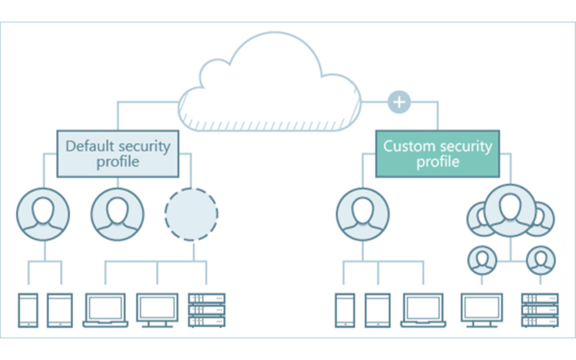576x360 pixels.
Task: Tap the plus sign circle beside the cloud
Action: click(398, 102)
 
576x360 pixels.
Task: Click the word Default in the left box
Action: click(90, 146)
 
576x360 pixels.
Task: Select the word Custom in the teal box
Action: click(409, 146)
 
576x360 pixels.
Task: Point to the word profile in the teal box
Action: click(438, 162)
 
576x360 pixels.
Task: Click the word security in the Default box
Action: click(146, 146)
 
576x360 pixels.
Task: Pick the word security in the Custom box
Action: click(466, 146)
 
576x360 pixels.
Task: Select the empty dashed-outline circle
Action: click(191, 214)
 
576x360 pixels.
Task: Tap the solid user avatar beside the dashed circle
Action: click(118, 214)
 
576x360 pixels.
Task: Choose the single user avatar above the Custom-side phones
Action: click(362, 214)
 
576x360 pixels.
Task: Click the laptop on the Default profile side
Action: click(105, 310)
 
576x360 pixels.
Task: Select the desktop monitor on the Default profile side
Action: click(157, 310)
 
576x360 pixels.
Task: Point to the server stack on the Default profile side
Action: click(206, 310)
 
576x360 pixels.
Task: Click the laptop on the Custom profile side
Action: click(423, 310)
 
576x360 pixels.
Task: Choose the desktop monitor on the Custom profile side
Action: click(482, 310)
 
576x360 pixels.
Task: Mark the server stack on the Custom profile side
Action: click(540, 310)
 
